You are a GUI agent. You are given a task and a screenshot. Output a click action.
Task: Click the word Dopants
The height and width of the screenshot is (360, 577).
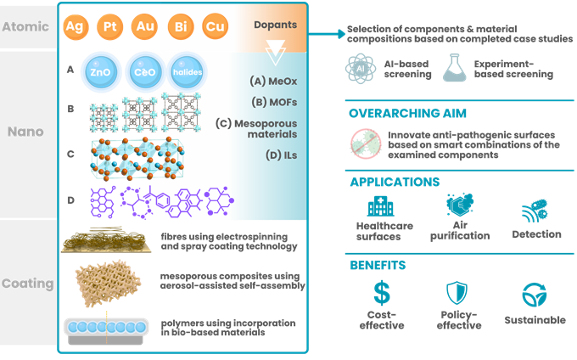point(275,25)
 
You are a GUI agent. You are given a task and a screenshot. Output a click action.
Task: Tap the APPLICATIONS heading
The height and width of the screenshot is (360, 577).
point(394,181)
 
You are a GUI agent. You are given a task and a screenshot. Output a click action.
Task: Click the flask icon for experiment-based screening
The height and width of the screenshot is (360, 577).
point(456,68)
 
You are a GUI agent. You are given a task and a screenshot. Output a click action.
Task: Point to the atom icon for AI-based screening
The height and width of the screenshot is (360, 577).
point(361,68)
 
